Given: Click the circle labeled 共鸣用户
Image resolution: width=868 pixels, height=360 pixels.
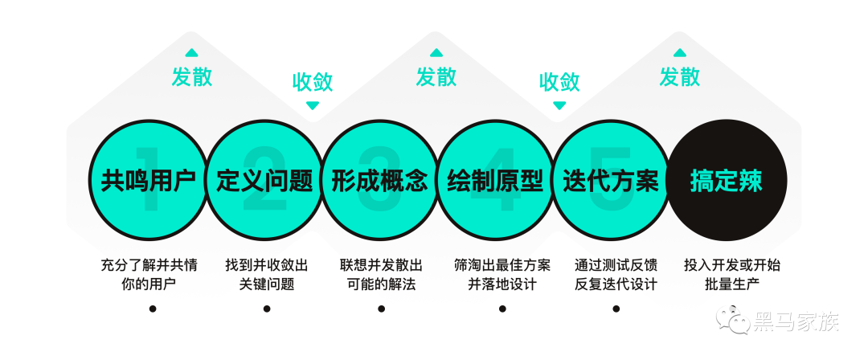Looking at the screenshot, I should [x=149, y=181].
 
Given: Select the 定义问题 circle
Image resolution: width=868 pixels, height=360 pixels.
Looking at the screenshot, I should [x=264, y=181].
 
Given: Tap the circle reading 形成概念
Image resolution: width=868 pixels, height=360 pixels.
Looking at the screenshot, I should [x=379, y=181].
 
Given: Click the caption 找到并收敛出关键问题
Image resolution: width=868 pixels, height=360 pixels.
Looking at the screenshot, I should [x=266, y=274].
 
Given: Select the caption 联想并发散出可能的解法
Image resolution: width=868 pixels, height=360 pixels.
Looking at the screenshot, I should [x=381, y=274].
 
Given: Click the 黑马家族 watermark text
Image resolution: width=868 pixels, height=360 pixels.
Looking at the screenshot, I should [x=796, y=324].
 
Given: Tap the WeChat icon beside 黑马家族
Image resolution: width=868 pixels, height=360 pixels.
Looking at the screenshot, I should [x=734, y=324].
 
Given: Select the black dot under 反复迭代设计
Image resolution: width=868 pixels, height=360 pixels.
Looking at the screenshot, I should [x=616, y=309].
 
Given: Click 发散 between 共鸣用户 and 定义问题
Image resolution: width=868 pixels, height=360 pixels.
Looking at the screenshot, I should [x=192, y=77].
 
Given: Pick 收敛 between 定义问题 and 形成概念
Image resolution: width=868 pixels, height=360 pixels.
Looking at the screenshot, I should [x=312, y=82].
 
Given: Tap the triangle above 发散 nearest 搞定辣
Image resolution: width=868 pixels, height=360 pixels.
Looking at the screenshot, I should [x=679, y=53].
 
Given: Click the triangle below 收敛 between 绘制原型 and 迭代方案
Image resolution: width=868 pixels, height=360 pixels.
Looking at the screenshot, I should [x=559, y=105].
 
